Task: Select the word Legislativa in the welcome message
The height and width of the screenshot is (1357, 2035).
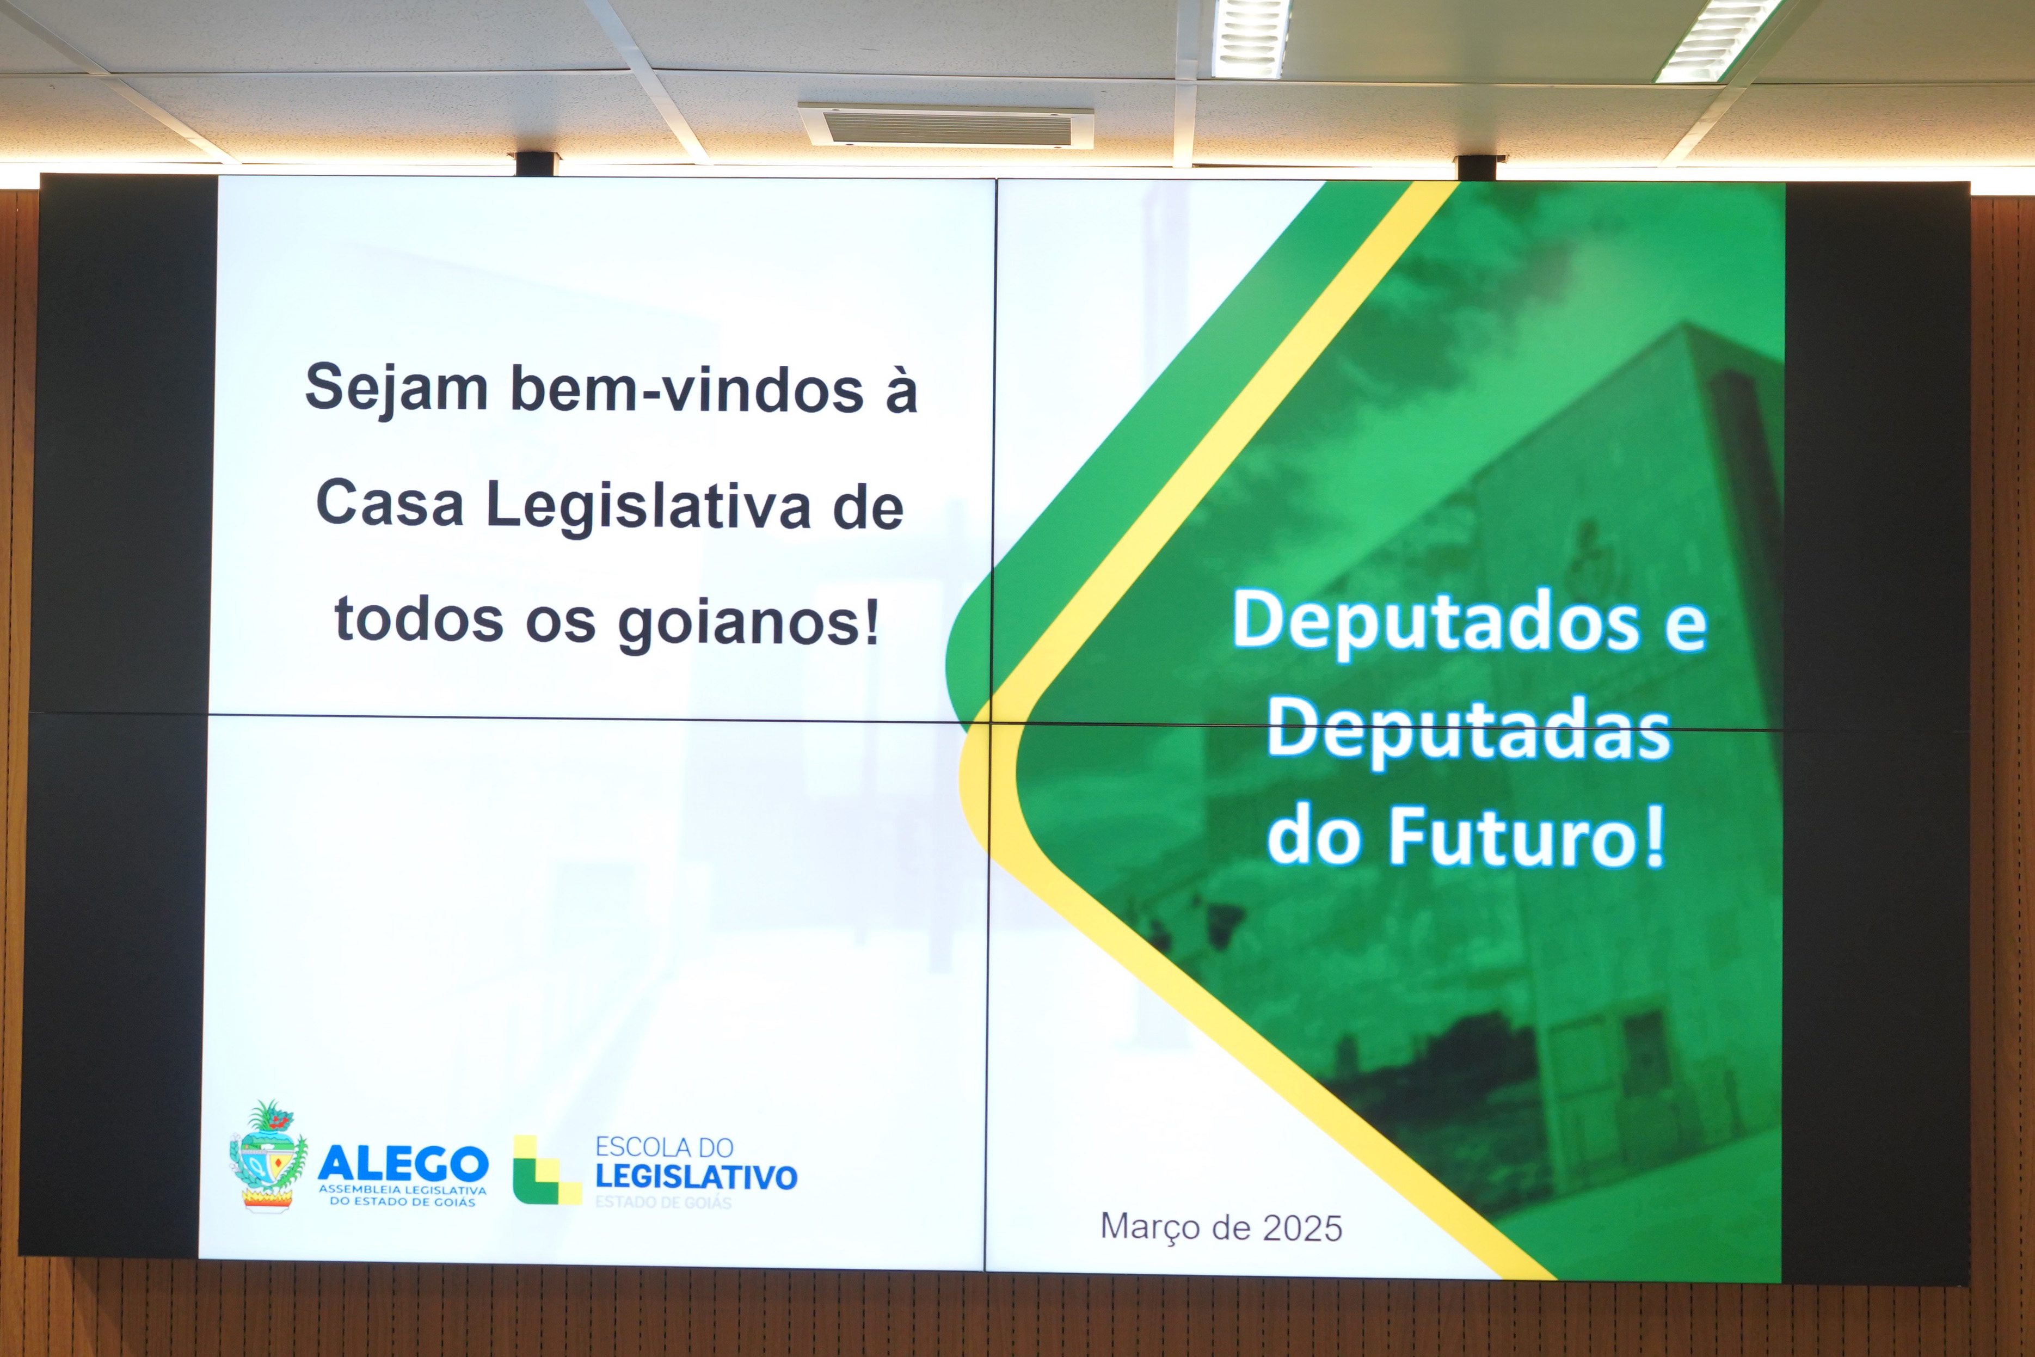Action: [649, 506]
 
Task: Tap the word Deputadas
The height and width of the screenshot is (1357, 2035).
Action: [1469, 731]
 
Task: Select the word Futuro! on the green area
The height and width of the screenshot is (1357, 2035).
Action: [1527, 836]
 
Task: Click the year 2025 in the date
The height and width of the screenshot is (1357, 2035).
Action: [1302, 1228]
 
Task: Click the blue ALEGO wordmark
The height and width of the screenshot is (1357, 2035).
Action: [403, 1163]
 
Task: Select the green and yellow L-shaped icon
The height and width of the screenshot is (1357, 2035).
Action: [546, 1170]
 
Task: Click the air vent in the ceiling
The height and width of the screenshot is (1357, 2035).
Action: [946, 126]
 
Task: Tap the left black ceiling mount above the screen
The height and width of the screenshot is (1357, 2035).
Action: [537, 163]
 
